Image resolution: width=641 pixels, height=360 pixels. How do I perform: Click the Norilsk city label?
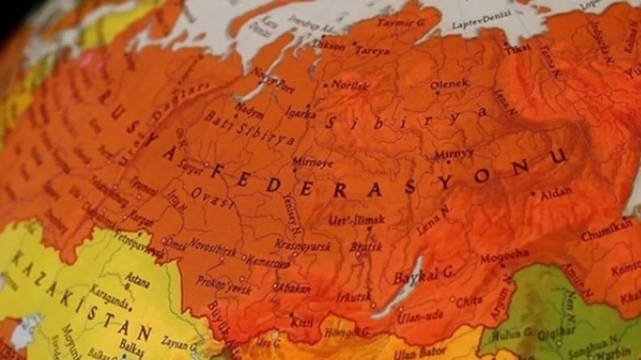click(350, 84)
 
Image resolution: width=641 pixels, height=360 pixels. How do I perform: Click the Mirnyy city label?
click(454, 153)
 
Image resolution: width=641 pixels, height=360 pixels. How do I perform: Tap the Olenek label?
click(450, 84)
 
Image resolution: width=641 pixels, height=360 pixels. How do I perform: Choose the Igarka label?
click(302, 114)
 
